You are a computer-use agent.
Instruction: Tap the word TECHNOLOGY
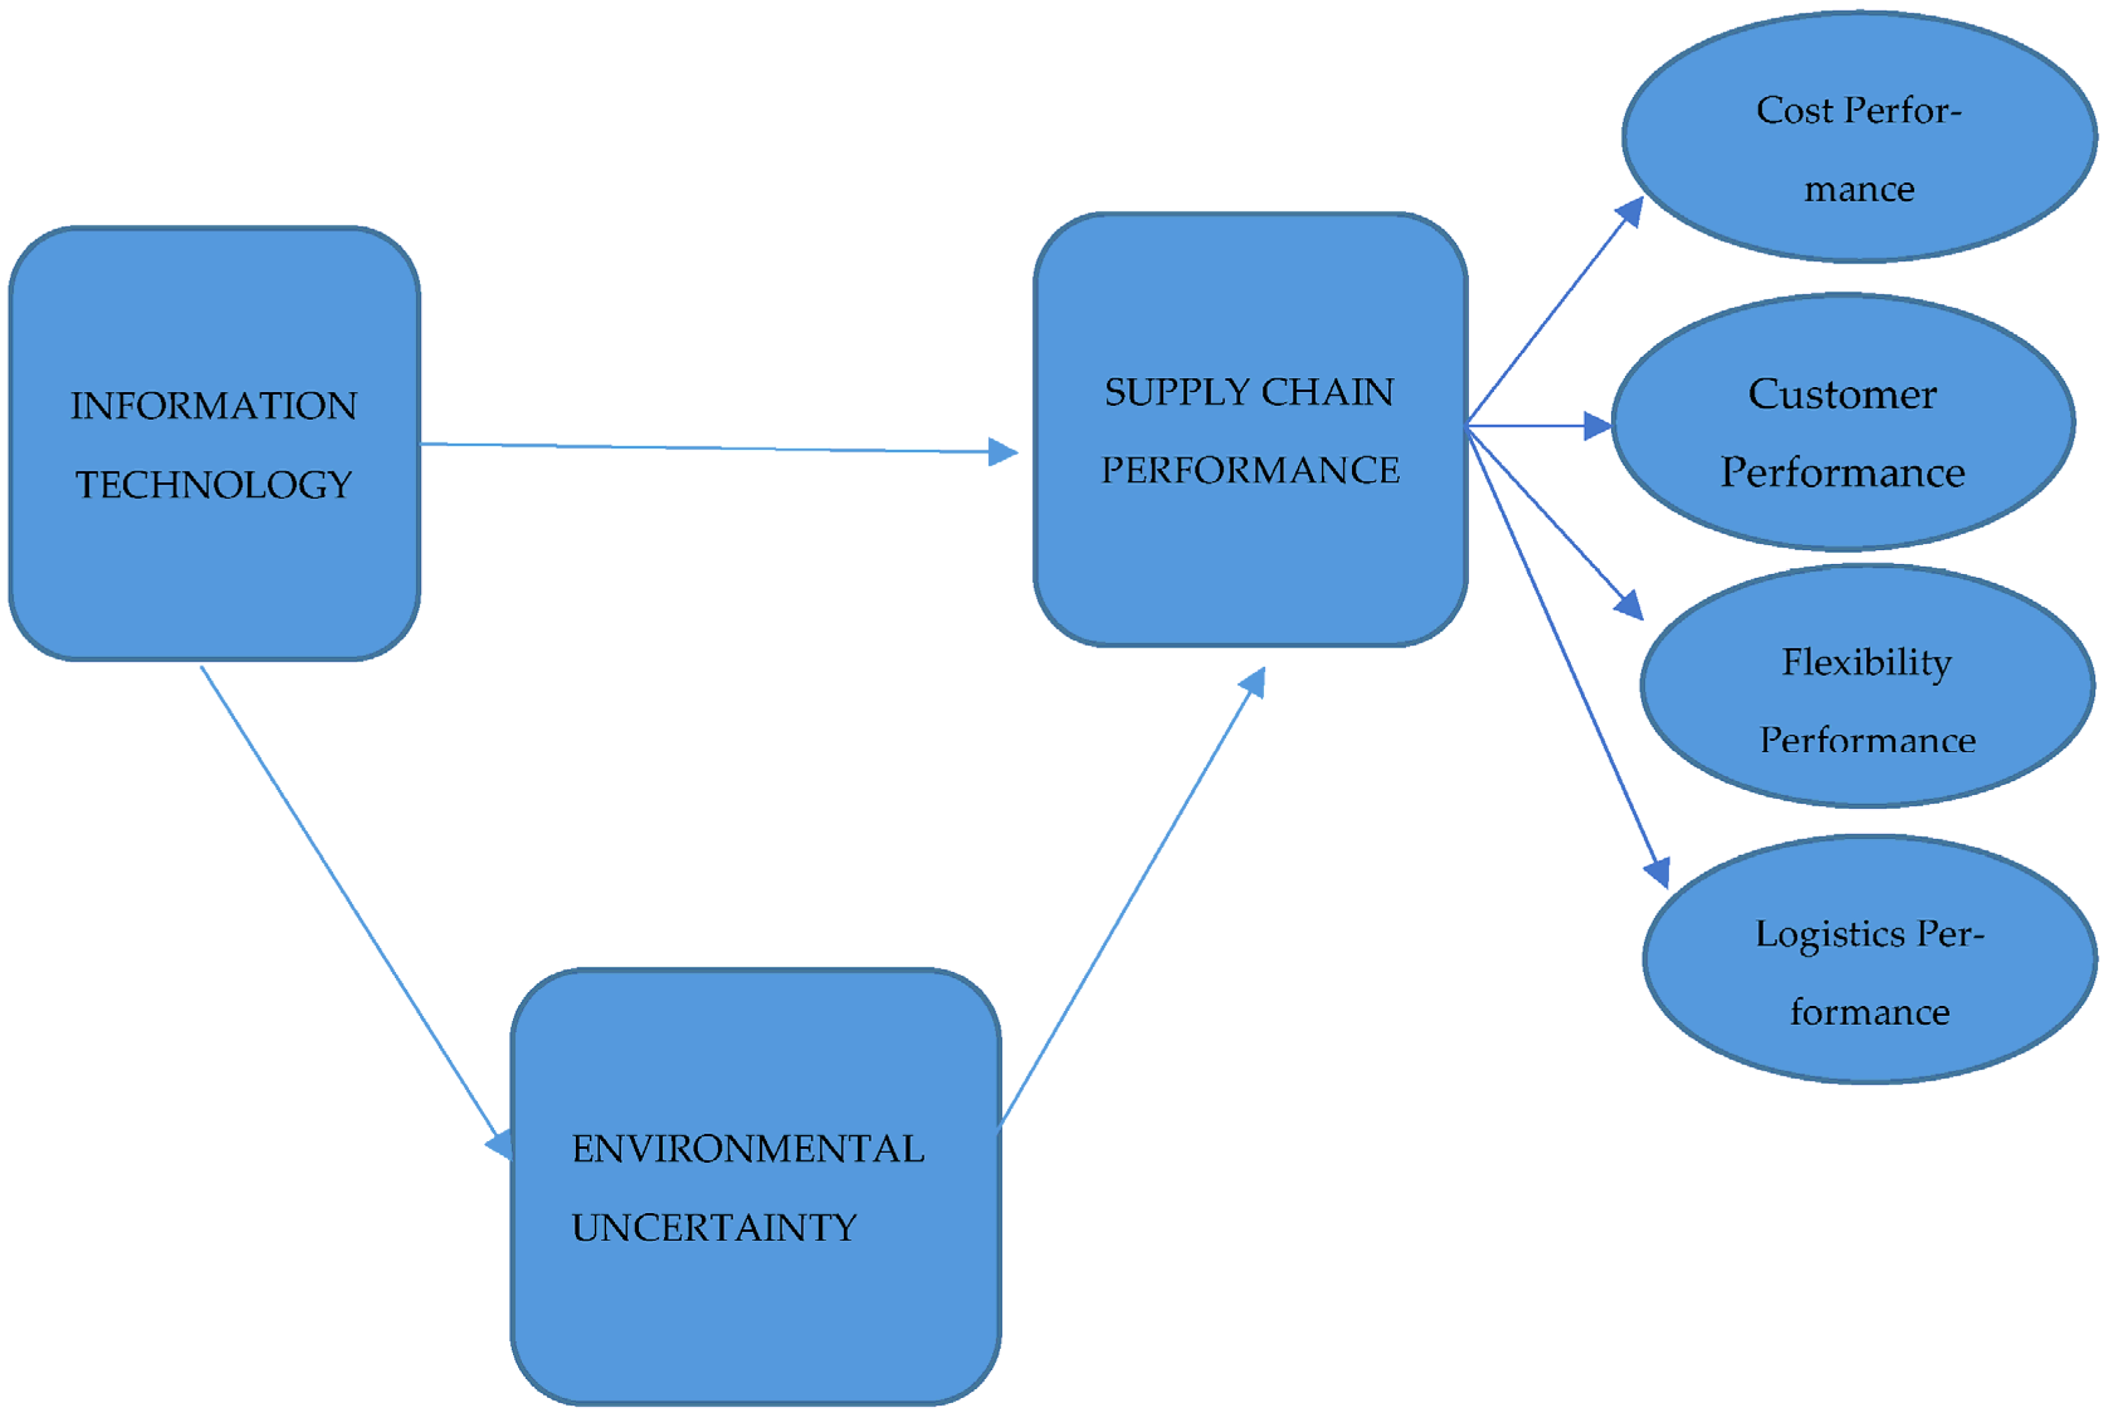(214, 485)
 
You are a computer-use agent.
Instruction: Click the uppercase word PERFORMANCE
(1250, 471)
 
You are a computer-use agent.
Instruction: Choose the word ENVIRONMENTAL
(747, 1149)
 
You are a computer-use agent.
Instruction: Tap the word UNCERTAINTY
(714, 1228)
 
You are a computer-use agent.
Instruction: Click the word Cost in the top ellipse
(1794, 111)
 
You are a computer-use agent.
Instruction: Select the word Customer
(1842, 395)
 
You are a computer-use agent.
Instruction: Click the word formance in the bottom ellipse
(1869, 1013)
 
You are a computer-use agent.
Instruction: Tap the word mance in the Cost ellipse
(1859, 189)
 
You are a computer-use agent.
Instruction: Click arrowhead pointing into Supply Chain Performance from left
(1003, 451)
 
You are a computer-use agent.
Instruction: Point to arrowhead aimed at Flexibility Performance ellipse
(1630, 605)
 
